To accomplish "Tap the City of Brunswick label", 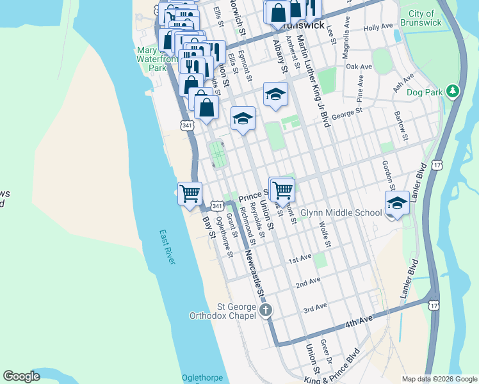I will pyautogui.click(x=421, y=18).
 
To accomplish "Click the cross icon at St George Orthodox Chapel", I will pyautogui.click(x=266, y=310).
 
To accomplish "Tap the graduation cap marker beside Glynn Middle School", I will pyautogui.click(x=397, y=204).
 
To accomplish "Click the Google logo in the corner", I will pyautogui.click(x=22, y=376).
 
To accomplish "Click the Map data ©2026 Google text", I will pyautogui.click(x=439, y=379).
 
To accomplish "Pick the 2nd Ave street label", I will pyautogui.click(x=307, y=282).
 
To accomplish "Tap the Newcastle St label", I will pyautogui.click(x=254, y=273).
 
